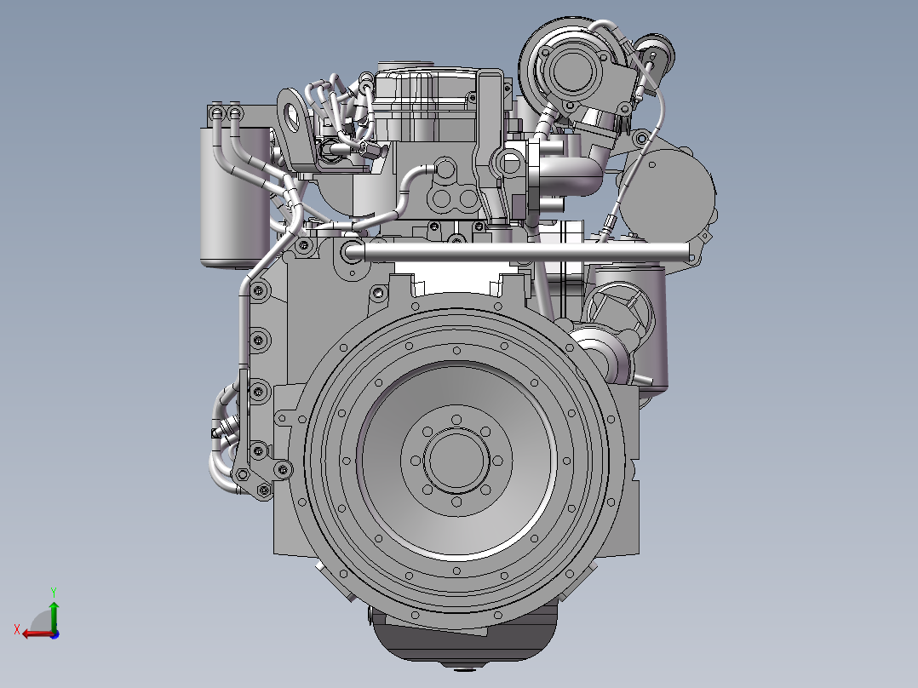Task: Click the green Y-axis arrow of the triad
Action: (x=54, y=615)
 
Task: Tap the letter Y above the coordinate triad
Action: (x=54, y=592)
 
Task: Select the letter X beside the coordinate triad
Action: (x=17, y=629)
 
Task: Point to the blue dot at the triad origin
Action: (x=55, y=634)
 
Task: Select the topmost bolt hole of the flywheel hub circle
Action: (x=456, y=419)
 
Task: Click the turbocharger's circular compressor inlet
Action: (x=571, y=71)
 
